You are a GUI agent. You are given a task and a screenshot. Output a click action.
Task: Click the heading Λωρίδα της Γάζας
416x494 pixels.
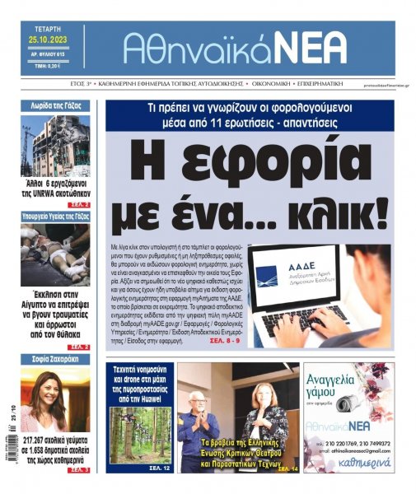pos(56,105)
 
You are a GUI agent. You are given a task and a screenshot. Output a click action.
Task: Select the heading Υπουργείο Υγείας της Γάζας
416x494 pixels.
pos(56,217)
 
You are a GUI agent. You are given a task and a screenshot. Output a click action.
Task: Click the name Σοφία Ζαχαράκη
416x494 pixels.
pos(56,359)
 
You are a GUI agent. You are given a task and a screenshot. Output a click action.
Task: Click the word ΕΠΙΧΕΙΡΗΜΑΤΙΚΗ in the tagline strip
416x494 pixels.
pos(316,84)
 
